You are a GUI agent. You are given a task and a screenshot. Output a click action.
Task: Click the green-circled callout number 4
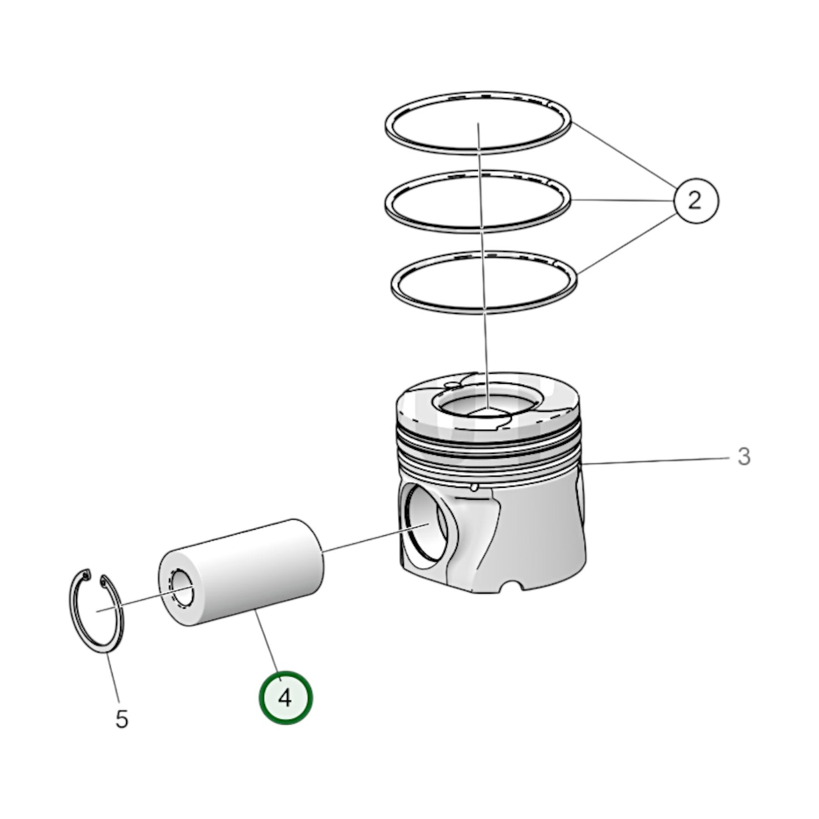[x=285, y=698]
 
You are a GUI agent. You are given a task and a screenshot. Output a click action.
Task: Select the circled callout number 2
[x=695, y=201]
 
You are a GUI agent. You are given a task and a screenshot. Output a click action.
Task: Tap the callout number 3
[x=744, y=456]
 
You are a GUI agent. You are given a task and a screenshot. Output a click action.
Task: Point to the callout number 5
[x=122, y=719]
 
